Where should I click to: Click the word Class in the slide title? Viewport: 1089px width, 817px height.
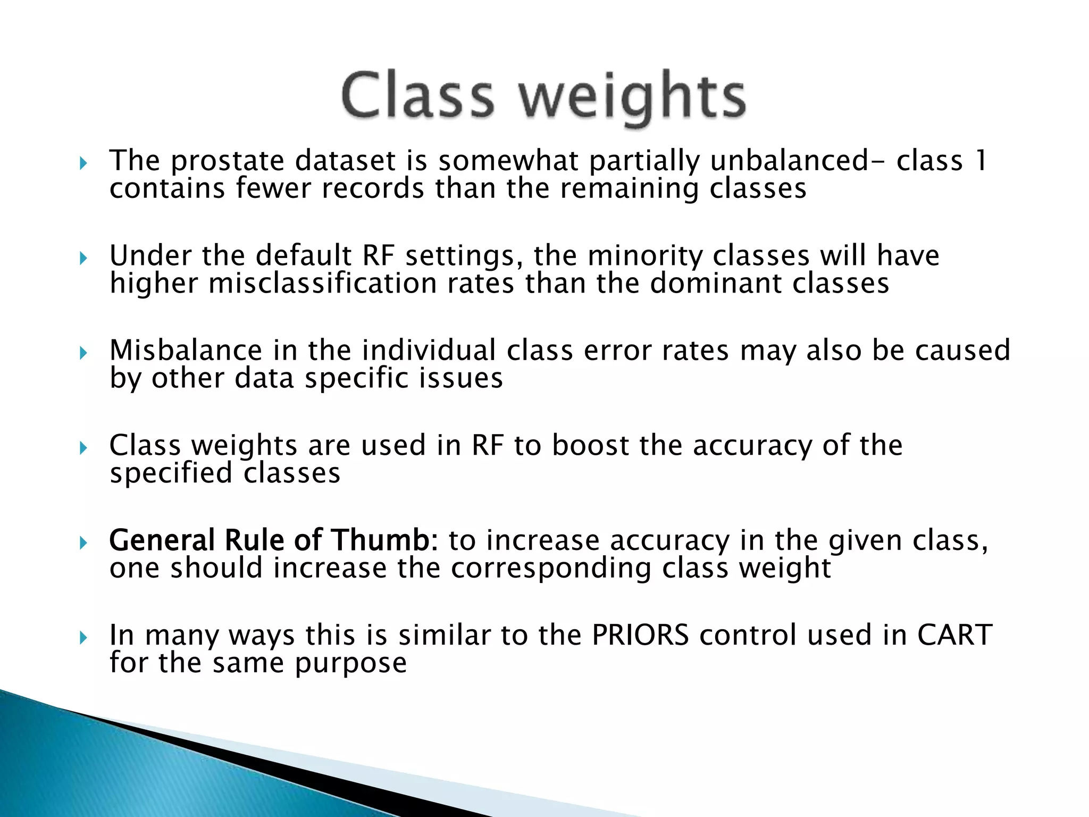(418, 96)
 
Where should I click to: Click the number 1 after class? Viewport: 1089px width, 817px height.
(981, 161)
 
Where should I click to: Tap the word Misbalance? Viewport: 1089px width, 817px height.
(186, 351)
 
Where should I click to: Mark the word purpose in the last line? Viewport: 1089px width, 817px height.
(351, 663)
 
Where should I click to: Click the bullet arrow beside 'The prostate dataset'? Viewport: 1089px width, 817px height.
(83, 163)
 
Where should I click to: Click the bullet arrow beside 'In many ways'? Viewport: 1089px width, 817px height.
(83, 637)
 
